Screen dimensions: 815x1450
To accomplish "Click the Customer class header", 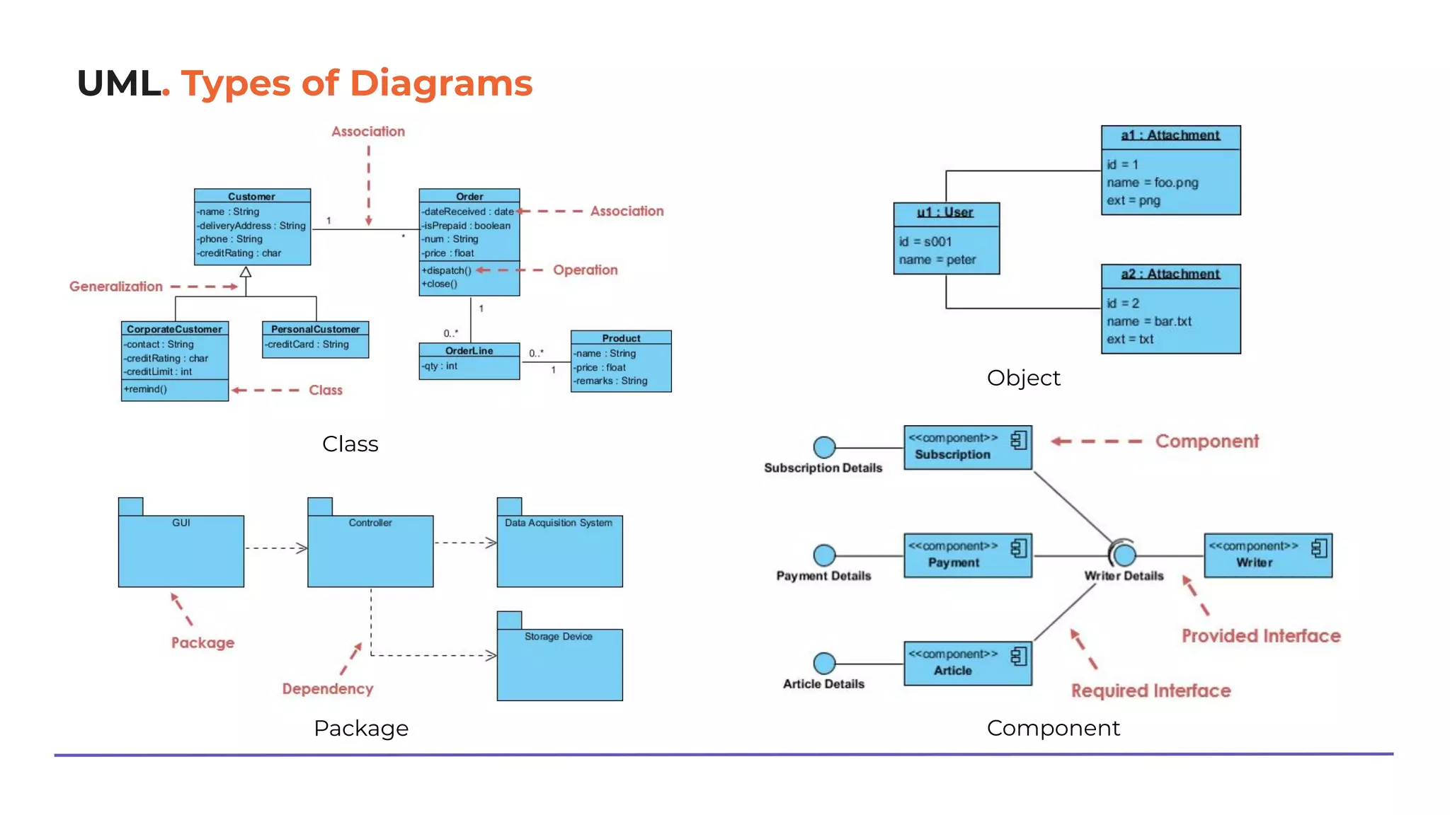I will click(251, 196).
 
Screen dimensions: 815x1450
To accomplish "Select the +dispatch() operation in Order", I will click(446, 270).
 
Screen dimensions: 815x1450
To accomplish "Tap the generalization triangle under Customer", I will click(246, 272).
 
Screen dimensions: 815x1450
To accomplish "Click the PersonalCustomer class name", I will click(315, 329).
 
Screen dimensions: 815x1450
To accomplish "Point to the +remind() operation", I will click(146, 389).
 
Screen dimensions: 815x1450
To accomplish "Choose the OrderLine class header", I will click(469, 350).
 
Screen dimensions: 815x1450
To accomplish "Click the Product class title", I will click(621, 338).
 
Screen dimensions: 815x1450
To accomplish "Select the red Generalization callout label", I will click(116, 287).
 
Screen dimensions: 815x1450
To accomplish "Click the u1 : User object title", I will click(945, 212).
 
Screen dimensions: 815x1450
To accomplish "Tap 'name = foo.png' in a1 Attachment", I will click(1153, 183).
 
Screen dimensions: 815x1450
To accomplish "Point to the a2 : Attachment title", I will click(1170, 274).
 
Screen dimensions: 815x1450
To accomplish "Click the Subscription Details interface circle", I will click(824, 447).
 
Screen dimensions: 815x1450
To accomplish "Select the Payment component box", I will click(967, 555).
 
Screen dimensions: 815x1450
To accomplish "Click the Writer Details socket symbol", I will click(1123, 554).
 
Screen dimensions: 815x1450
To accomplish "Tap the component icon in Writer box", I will click(1318, 548).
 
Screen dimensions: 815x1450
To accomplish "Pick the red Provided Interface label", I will click(1261, 636).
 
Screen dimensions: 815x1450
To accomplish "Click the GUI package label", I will click(181, 523).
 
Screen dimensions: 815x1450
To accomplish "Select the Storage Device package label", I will click(558, 637).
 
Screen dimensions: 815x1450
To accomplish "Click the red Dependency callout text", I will click(327, 689).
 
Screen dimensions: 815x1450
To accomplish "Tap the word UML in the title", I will click(118, 83).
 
